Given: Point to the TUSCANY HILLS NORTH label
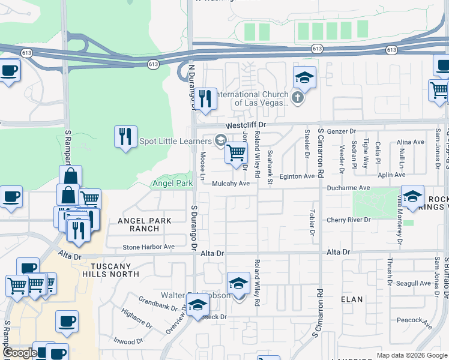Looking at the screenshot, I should click(x=115, y=270).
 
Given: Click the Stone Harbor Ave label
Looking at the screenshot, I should click(x=148, y=247).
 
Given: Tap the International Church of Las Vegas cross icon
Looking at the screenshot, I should click(x=297, y=96).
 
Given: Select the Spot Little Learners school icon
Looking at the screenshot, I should click(x=220, y=141).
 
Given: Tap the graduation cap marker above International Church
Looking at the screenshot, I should click(x=304, y=77).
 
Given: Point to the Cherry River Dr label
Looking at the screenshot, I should click(x=349, y=220).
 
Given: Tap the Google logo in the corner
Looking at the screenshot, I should click(x=20, y=353).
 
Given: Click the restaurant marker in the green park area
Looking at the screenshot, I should click(x=125, y=136).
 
